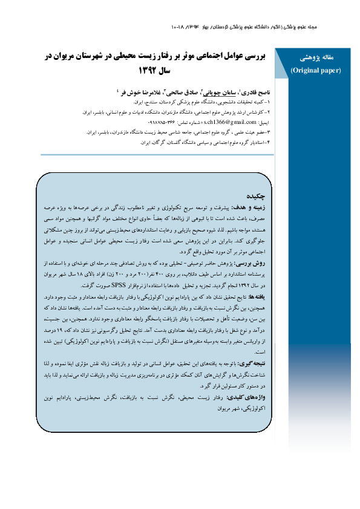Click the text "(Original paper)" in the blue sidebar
click(x=316, y=70)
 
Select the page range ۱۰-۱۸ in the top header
click(x=180, y=27)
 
